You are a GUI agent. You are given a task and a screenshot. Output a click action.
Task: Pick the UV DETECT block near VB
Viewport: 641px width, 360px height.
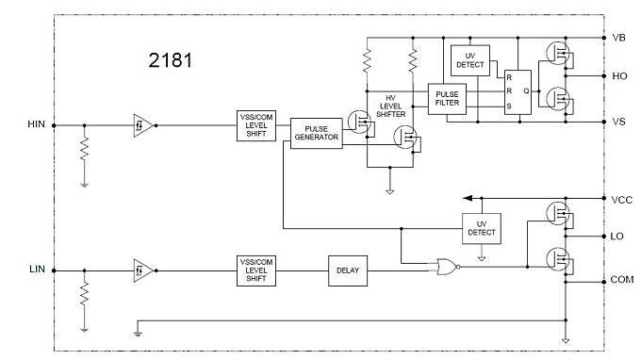469,58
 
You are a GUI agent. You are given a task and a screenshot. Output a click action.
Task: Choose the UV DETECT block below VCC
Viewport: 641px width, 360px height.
481,226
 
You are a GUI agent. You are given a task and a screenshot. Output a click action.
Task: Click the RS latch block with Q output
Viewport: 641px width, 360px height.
517,91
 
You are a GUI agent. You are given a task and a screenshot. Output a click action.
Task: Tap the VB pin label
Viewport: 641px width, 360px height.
619,38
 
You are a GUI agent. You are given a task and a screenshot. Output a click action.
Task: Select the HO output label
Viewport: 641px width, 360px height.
619,75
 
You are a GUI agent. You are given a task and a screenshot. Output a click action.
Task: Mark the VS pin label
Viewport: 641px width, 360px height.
619,123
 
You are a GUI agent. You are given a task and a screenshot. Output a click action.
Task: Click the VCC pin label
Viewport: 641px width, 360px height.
621,200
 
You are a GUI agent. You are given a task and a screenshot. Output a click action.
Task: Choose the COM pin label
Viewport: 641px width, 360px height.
622,280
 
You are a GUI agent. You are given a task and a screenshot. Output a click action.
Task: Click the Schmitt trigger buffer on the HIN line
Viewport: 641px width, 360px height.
143,123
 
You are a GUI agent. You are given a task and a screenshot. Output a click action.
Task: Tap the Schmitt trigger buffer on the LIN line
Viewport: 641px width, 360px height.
143,270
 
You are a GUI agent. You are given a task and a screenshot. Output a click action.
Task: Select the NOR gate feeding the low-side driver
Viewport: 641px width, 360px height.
442,268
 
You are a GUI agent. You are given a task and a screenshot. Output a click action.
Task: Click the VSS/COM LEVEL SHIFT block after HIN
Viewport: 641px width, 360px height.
255,124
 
